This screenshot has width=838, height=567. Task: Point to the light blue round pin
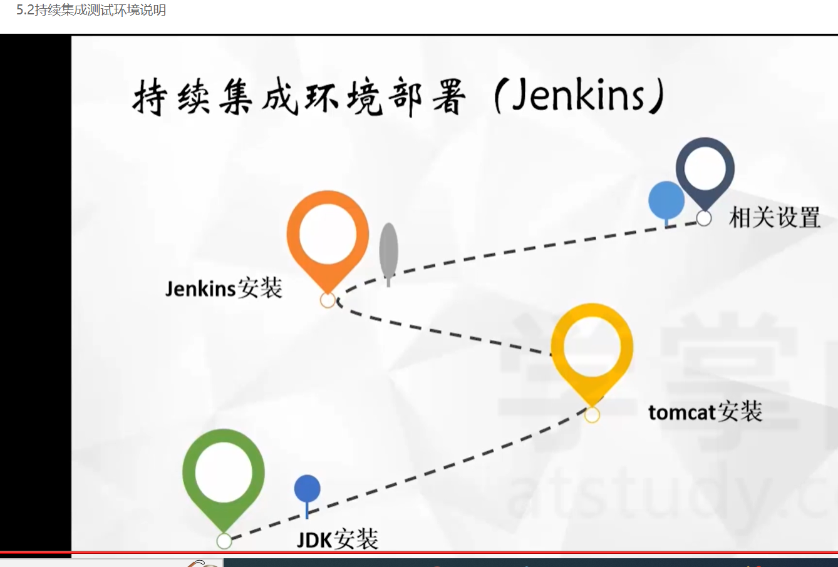(x=666, y=201)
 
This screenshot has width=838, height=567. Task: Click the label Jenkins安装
(x=224, y=289)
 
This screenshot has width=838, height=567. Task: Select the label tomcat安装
(x=705, y=412)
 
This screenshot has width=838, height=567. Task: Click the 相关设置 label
(x=775, y=218)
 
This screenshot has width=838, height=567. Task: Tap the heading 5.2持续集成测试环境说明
(x=91, y=10)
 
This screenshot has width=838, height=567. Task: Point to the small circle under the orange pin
(x=328, y=300)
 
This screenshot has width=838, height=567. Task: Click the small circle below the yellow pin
(x=592, y=415)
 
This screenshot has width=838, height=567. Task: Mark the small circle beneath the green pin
(x=224, y=541)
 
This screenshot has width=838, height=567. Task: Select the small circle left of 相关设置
(x=704, y=218)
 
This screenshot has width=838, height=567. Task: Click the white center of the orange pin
(x=328, y=233)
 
